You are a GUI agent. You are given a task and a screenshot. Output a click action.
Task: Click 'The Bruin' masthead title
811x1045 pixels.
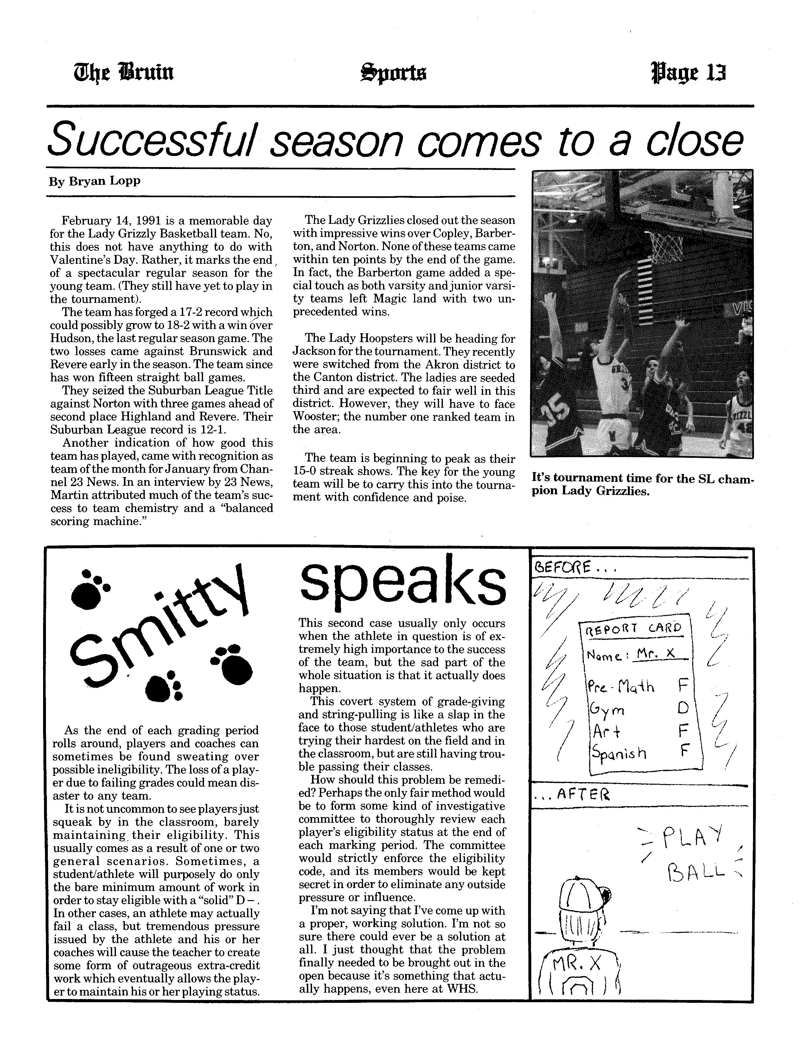123,73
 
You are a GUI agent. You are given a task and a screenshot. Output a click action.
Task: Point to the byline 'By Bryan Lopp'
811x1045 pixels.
95,182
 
